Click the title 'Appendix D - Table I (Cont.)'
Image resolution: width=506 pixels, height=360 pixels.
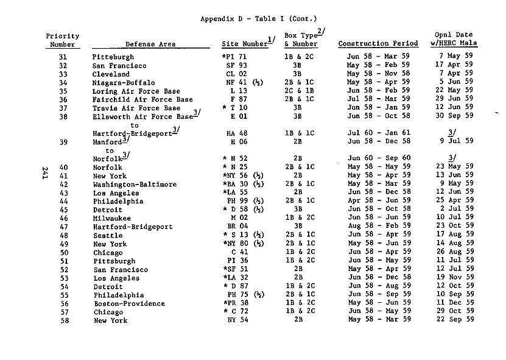259,19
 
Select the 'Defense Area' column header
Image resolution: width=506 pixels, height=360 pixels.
150,44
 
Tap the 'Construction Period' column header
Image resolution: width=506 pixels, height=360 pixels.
378,44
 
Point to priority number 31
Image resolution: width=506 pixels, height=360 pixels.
63,57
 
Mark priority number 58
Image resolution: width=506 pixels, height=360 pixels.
63,320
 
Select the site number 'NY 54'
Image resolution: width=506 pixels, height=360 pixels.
237,320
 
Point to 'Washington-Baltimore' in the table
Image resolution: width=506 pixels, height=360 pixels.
135,184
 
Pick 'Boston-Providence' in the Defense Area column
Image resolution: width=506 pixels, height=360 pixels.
128,303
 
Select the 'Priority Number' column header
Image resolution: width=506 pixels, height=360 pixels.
63,40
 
